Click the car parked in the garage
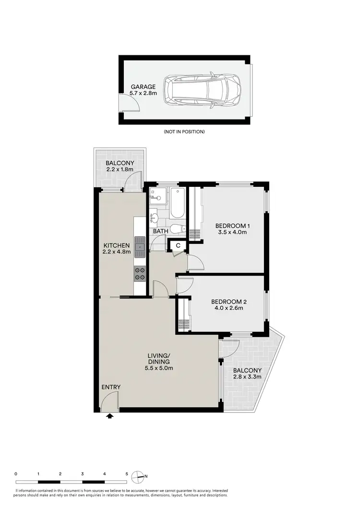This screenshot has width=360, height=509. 202,90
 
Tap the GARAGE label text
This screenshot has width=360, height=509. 143,87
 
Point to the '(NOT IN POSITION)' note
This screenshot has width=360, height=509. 184,132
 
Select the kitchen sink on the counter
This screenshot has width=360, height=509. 141,247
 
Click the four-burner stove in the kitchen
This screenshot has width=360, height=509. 141,273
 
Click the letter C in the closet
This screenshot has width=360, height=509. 178,246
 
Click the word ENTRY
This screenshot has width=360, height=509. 111,387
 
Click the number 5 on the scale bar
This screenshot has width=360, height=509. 127,473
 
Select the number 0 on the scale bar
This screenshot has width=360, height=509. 16,473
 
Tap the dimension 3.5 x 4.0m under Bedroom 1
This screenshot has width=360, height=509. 231,232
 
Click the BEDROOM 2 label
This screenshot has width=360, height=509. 229,302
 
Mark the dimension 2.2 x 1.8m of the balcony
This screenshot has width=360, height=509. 120,169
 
